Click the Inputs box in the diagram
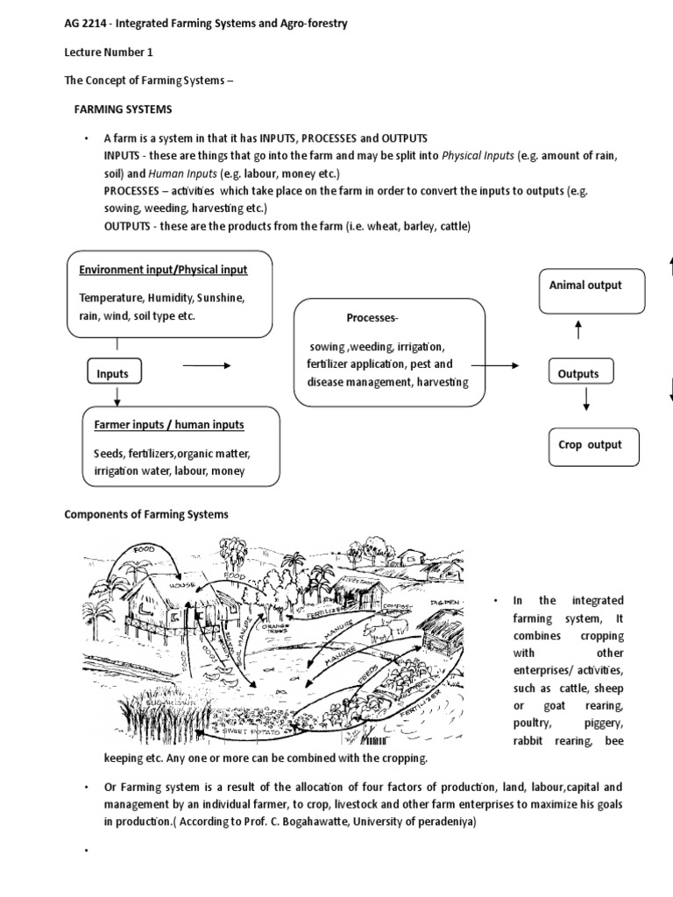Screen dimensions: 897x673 tap(112, 374)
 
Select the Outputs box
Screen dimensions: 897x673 tap(578, 374)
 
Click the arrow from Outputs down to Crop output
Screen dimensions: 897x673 tap(586, 399)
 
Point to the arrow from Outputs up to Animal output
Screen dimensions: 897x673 tap(578, 331)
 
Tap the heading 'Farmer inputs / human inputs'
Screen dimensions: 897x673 tap(169, 426)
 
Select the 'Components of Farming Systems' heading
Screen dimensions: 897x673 tap(146, 514)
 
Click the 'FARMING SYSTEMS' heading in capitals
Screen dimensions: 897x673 tap(122, 109)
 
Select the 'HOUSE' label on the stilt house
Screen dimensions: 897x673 tap(181, 584)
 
